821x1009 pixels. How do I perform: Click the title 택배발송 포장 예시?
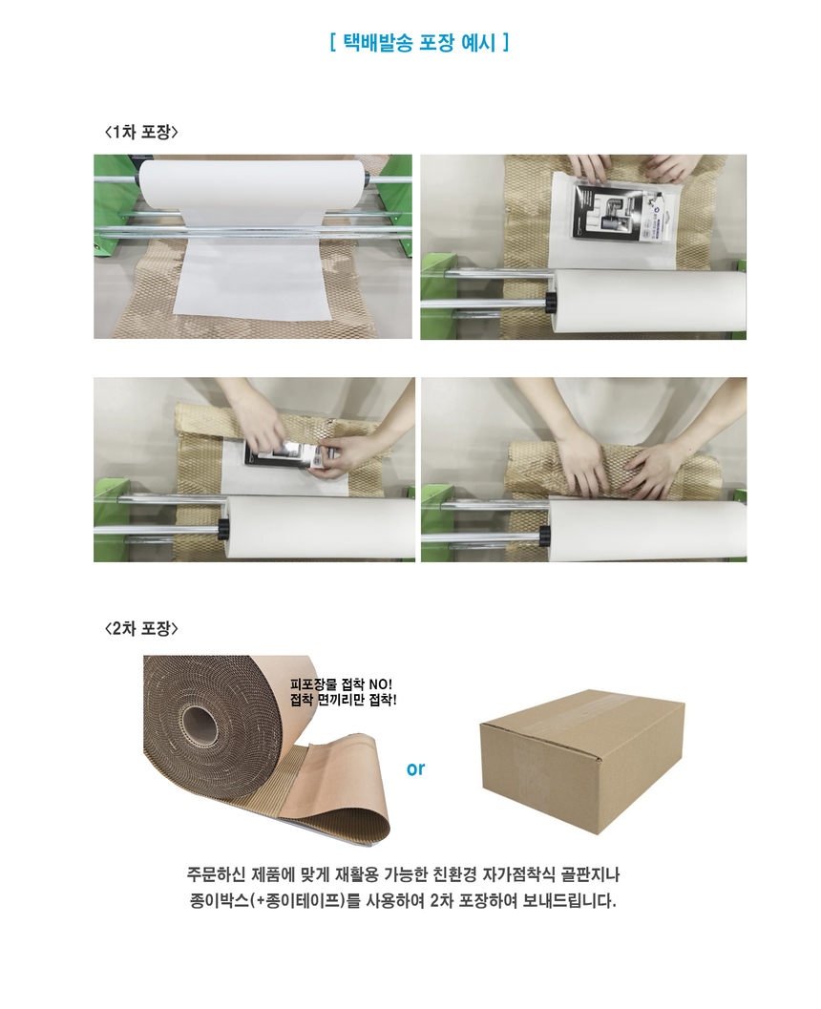(x=419, y=42)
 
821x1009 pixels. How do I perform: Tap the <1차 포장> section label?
(x=141, y=132)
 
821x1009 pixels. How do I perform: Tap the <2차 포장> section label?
(x=141, y=628)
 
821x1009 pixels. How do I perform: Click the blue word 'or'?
(x=415, y=768)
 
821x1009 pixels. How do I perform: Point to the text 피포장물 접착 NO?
(x=341, y=684)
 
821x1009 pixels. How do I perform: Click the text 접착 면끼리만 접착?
(x=343, y=700)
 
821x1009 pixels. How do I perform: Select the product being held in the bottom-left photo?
(x=292, y=454)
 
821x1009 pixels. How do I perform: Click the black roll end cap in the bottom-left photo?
(x=223, y=528)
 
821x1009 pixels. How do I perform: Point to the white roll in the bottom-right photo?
(x=647, y=528)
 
